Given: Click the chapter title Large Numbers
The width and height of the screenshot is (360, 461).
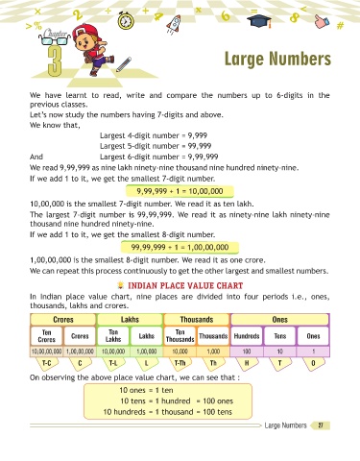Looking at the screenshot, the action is [277, 60].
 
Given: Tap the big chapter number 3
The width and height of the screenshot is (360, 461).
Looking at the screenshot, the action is [55, 61].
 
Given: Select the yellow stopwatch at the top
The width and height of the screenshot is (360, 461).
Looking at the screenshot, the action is [126, 20].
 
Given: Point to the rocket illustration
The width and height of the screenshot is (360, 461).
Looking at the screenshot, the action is [174, 24].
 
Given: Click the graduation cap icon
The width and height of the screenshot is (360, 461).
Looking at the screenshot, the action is [259, 21].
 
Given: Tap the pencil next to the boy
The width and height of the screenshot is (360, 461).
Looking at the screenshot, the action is [124, 64].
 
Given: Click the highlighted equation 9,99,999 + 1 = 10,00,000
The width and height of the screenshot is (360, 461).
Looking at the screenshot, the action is [180, 191].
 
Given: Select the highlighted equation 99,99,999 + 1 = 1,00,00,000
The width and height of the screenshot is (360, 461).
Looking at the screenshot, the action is [180, 247].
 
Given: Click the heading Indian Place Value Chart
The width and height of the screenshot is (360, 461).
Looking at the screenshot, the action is [185, 285].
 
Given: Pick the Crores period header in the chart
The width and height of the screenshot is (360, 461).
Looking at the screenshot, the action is [63, 320].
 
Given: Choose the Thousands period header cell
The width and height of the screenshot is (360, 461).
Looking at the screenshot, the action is [197, 320].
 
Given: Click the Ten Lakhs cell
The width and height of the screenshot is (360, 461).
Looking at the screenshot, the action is [113, 336].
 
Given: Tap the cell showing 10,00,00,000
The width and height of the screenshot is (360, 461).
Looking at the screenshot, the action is [47, 352].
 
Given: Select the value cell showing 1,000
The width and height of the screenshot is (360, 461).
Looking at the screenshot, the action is [213, 352].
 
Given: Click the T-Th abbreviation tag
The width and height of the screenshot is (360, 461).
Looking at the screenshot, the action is [180, 363].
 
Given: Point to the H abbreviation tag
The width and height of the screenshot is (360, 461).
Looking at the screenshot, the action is [247, 363].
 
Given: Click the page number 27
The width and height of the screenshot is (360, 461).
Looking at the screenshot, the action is [321, 425].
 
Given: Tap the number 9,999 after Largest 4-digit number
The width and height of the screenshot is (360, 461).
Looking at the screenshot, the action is [198, 135].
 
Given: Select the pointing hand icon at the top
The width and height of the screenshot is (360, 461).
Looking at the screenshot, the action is [322, 21].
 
